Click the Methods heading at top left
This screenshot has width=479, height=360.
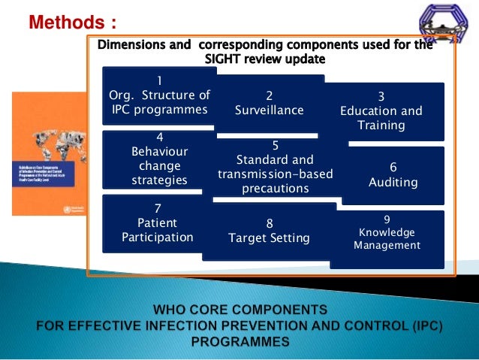[72, 20]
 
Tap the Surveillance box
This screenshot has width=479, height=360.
[270, 104]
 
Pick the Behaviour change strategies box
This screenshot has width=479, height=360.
[159, 159]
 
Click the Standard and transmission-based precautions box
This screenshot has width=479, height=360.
[276, 167]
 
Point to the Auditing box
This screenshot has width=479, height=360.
[393, 175]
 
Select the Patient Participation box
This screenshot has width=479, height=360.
[158, 223]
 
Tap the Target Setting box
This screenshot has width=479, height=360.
[269, 231]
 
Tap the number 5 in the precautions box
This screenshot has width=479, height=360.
[276, 145]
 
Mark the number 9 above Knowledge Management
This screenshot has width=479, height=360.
[387, 220]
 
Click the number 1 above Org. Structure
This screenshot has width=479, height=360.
[159, 80]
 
